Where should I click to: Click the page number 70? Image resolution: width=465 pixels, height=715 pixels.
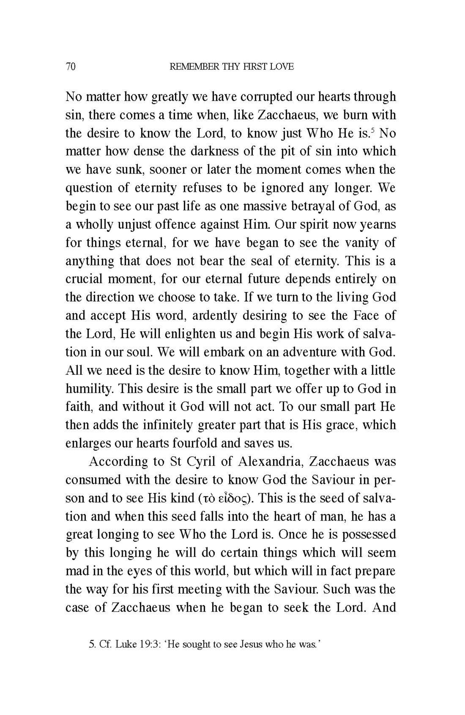pyautogui.click(x=70, y=67)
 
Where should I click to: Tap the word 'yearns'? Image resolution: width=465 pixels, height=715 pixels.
pyautogui.click(x=377, y=224)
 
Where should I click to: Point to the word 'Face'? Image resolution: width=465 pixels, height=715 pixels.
pyautogui.click(x=365, y=316)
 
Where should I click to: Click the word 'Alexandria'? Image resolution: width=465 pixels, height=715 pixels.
pyautogui.click(x=270, y=462)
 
